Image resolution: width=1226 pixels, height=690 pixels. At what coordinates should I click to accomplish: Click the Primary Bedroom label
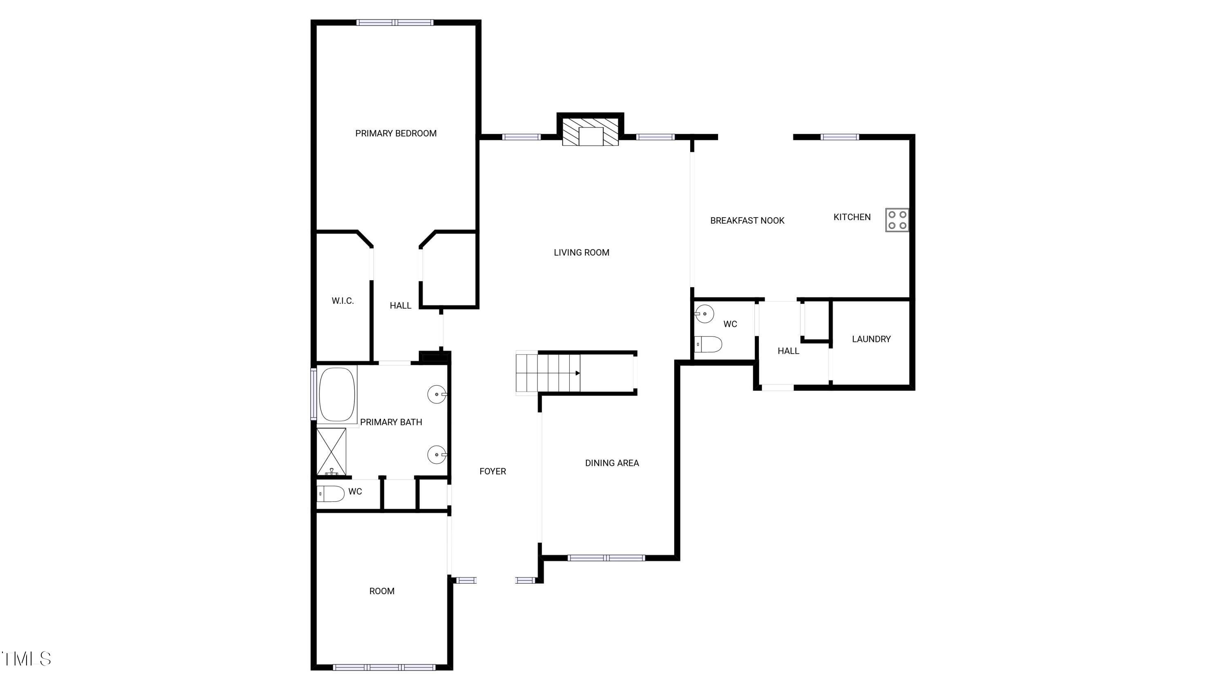click(396, 133)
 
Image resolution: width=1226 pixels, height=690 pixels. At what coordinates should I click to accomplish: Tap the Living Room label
click(582, 252)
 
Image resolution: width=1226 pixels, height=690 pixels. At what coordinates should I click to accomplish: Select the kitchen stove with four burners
click(897, 220)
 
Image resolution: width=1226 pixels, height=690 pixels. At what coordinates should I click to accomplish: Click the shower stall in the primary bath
click(331, 452)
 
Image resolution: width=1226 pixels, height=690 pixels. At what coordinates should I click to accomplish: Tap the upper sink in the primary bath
click(437, 394)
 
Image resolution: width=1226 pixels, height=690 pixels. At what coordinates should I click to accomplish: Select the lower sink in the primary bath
click(437, 455)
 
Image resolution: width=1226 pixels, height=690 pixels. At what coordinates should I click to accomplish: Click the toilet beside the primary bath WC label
click(330, 494)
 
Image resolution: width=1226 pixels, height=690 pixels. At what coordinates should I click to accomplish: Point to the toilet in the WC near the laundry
click(708, 344)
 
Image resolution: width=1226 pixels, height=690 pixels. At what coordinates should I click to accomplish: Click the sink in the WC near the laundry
click(705, 314)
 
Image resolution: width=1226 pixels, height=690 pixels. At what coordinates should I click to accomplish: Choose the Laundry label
click(871, 339)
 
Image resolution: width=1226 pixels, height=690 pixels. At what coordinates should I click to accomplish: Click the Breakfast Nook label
click(747, 220)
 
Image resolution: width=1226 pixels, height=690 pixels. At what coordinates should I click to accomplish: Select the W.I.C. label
click(343, 301)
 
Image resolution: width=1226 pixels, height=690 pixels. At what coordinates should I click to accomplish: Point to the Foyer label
click(492, 472)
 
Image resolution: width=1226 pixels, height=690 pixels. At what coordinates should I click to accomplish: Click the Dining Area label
click(612, 463)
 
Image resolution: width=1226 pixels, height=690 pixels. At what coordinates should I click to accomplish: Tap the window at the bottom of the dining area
click(606, 557)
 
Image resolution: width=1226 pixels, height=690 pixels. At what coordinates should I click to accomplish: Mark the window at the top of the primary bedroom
click(395, 22)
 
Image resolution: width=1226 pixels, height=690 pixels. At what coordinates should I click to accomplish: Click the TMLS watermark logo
click(27, 659)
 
